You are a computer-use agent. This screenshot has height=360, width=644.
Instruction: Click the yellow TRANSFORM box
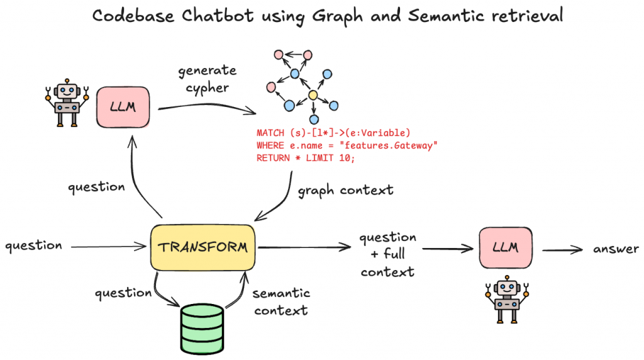pos(203,247)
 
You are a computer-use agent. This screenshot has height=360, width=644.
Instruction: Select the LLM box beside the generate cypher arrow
pos(124,108)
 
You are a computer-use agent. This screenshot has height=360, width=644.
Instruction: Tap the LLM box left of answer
pos(505,247)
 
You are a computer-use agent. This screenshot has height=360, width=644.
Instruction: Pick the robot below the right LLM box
pos(505,300)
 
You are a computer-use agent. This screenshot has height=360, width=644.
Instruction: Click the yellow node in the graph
pos(312,96)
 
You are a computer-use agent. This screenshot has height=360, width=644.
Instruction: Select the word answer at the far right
pos(616,249)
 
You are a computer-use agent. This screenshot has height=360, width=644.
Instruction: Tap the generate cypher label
pos(208,79)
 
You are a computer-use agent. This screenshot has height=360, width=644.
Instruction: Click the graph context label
pos(345,190)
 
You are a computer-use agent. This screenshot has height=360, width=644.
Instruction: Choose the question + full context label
pos(387,254)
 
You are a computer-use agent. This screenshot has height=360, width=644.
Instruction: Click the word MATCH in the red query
pos(271,133)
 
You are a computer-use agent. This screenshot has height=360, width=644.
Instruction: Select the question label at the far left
pos(33,245)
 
